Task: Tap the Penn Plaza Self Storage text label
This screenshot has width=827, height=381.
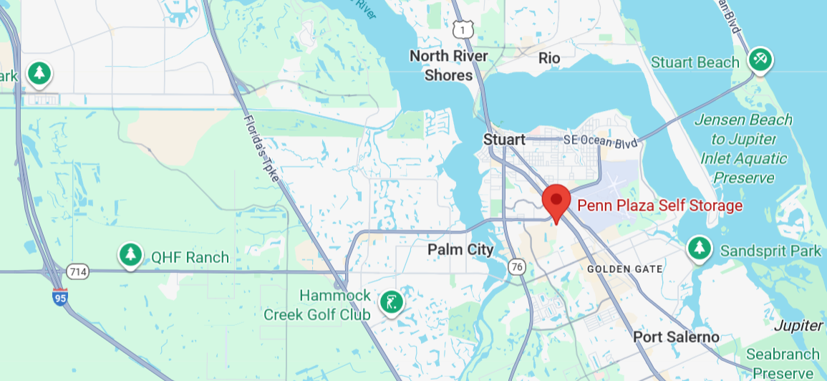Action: click(x=659, y=206)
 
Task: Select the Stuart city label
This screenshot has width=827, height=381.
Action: click(x=503, y=140)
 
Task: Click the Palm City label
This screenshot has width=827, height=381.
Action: click(x=460, y=250)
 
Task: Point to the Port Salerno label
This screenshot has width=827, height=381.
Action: click(x=676, y=337)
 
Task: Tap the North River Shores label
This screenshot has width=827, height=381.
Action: click(x=448, y=65)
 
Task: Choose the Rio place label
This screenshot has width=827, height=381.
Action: click(x=549, y=57)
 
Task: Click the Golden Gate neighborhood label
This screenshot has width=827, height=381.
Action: click(x=624, y=269)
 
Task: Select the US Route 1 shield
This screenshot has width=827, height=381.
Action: click(x=463, y=29)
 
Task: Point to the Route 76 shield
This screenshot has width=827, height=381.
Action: click(x=516, y=267)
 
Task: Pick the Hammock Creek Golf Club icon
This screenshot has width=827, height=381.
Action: click(x=391, y=302)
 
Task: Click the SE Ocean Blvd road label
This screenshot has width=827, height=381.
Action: click(x=600, y=141)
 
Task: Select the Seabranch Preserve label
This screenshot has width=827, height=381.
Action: click(x=783, y=363)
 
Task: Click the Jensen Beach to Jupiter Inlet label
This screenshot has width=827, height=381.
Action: click(x=743, y=149)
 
